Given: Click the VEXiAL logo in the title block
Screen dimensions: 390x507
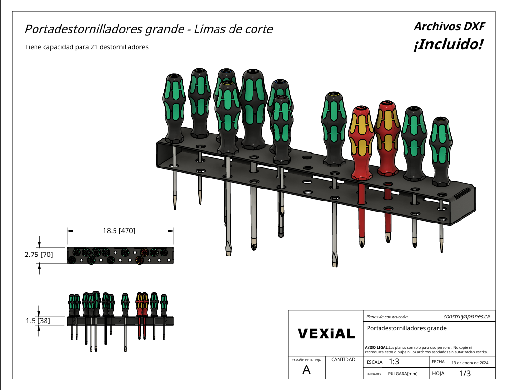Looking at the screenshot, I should coord(326,334).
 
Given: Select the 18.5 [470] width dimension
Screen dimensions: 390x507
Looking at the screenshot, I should coord(119,231).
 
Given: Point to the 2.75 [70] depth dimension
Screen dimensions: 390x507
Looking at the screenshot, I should coord(39,255).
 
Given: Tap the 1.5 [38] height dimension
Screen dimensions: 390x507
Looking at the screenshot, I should coord(38,321).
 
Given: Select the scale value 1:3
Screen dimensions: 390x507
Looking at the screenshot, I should coord(394,362).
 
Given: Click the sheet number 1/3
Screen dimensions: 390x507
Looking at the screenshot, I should coord(465,373).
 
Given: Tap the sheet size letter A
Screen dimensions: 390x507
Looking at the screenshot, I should coord(307,370).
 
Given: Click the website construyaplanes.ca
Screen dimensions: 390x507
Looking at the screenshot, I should coord(466,316).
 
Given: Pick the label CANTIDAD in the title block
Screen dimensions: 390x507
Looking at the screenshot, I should coord(343,359).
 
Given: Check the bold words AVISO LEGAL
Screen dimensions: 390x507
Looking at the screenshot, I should coord(377,347).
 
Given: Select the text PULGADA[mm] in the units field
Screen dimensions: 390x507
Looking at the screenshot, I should coord(403,374).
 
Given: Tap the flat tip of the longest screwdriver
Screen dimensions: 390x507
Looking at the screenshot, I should coord(334,261).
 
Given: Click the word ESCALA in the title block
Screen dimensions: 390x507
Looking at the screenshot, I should coord(374,362).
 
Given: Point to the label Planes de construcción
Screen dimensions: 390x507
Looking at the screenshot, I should coord(387,317).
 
